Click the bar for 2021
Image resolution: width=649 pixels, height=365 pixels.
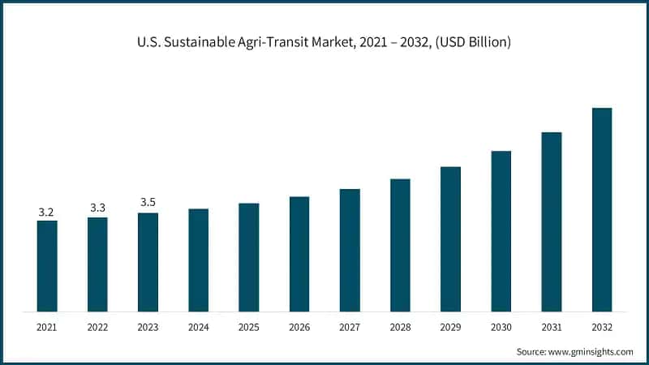(47, 266)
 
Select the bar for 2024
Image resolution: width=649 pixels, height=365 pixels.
(199, 260)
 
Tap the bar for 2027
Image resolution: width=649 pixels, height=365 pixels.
(350, 251)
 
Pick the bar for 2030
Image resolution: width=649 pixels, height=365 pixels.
(501, 231)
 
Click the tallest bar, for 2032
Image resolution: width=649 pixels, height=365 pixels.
(601, 210)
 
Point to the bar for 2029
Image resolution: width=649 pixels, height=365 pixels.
(450, 239)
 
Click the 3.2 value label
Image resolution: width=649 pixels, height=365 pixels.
(47, 213)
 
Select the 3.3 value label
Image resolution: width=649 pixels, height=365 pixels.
(97, 208)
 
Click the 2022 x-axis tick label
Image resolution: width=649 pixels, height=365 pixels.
(97, 327)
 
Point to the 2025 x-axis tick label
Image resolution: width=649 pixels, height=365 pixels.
(248, 327)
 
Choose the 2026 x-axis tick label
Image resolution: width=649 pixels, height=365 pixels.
(299, 327)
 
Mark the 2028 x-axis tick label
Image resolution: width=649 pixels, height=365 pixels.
(400, 327)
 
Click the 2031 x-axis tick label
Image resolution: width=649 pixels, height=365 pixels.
(551, 327)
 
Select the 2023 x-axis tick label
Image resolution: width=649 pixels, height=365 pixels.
(148, 327)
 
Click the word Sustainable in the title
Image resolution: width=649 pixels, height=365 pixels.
(200, 42)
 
